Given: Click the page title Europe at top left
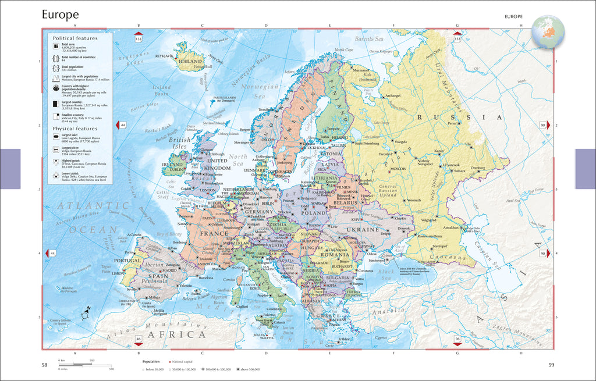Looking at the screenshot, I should tap(60, 15).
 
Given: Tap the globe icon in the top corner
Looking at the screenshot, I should tap(548, 30).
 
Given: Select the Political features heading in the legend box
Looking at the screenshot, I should tap(75, 38).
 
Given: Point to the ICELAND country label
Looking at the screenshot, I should tap(191, 61).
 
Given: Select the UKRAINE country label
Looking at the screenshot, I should tap(363, 229).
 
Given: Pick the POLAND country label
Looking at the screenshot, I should tap(315, 213).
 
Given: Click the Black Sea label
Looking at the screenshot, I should tap(386, 272).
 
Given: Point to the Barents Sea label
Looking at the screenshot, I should tap(369, 38).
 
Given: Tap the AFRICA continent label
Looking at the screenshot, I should tap(177, 334).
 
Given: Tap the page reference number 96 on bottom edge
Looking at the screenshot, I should tap(457, 339).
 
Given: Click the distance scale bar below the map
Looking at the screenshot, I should tap(86, 365).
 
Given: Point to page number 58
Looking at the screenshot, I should tap(45, 365).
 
